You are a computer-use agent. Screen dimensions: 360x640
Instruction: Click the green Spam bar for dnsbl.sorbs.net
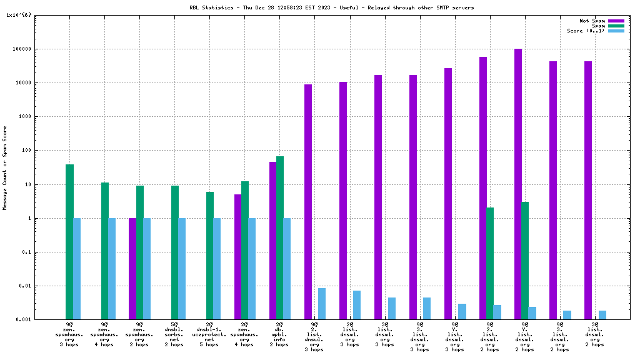(175, 252)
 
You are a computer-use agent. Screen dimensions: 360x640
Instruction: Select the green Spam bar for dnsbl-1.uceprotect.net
(210, 256)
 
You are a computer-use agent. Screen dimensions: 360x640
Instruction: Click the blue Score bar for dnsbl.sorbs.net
(182, 269)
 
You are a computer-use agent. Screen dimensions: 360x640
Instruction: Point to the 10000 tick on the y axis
(23, 83)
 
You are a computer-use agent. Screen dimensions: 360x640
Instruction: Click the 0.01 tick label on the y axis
(25, 286)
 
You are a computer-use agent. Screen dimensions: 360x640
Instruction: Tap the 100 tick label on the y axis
(26, 151)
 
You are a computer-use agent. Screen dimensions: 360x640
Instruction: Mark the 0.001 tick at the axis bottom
(24, 320)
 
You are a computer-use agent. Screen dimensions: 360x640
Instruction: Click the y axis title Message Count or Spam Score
(5, 167)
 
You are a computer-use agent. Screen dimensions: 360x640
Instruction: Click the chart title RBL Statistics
(331, 7)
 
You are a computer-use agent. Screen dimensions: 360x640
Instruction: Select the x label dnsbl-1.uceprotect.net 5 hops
(209, 334)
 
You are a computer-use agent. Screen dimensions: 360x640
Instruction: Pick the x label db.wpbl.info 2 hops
(279, 334)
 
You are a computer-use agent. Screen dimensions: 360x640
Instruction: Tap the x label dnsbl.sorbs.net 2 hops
(174, 334)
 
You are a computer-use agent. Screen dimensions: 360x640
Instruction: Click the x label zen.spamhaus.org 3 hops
(69, 334)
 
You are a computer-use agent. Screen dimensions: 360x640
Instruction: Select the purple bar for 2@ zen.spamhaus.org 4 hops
(237, 257)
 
